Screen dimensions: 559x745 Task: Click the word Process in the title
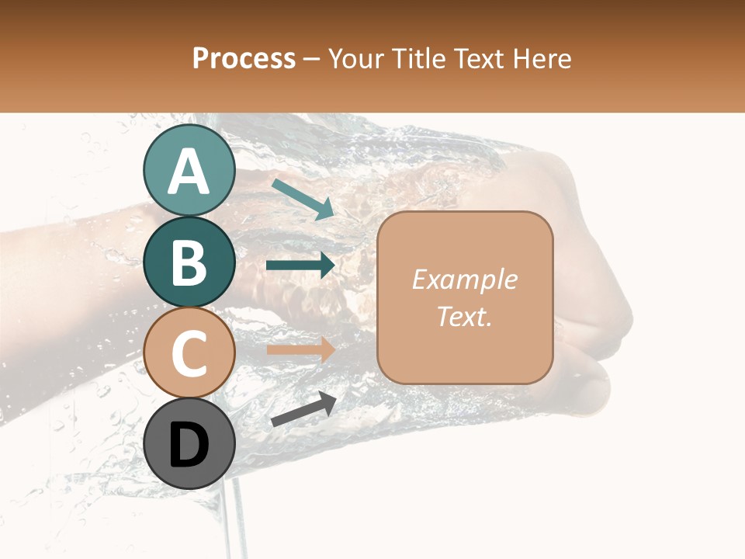[244, 58]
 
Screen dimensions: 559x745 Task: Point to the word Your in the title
[358, 58]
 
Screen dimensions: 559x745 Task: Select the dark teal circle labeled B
[189, 262]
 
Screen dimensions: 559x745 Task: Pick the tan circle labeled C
[189, 352]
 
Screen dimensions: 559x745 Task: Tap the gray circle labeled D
[189, 443]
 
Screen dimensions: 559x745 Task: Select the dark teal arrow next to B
[301, 266]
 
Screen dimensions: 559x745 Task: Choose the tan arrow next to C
[301, 349]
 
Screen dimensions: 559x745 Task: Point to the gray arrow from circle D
[303, 410]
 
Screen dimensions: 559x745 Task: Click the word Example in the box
[464, 279]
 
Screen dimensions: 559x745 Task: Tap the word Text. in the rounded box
[464, 316]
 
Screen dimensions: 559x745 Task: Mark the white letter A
[189, 171]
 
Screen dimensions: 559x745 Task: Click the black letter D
[189, 445]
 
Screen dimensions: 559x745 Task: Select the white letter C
[189, 353]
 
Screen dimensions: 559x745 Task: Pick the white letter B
[189, 262]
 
